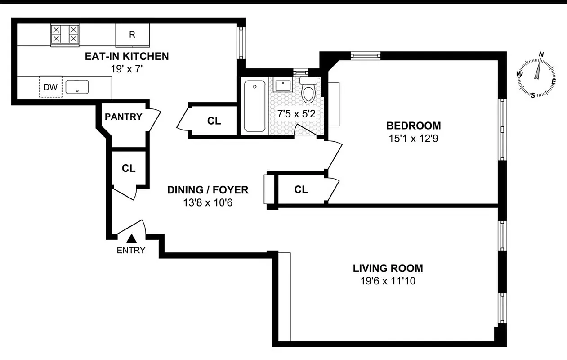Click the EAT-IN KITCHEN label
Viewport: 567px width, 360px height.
click(x=127, y=56)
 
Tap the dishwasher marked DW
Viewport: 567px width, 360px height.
click(x=50, y=87)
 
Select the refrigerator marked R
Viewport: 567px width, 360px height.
click(x=132, y=35)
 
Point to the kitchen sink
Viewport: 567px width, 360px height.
click(x=77, y=87)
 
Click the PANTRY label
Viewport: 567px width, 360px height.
click(x=123, y=117)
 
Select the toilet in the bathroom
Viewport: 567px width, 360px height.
click(x=308, y=91)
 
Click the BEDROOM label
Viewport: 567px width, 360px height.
click(x=414, y=126)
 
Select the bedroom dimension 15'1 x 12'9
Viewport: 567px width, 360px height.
click(x=414, y=139)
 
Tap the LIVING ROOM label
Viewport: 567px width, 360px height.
click(x=388, y=269)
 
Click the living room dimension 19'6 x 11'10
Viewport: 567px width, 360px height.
click(x=388, y=282)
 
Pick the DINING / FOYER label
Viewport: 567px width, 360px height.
click(x=208, y=190)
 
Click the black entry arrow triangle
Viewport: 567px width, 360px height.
click(x=132, y=239)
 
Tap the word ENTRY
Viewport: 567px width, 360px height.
click(x=131, y=251)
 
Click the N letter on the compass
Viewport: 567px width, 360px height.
click(x=541, y=54)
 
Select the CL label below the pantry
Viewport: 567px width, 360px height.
click(x=129, y=168)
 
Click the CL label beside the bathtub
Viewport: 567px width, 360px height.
click(x=214, y=121)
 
